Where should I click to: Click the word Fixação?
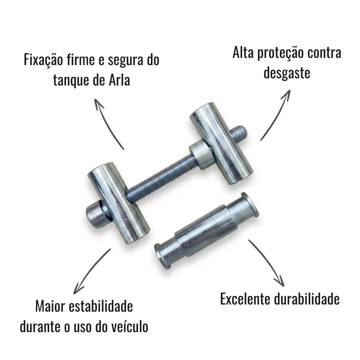[x=43, y=59]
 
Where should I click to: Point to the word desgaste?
[x=287, y=73]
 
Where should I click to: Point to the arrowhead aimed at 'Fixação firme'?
[x=98, y=104]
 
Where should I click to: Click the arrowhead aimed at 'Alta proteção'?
[x=286, y=95]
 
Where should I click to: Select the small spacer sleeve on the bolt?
[x=200, y=154]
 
